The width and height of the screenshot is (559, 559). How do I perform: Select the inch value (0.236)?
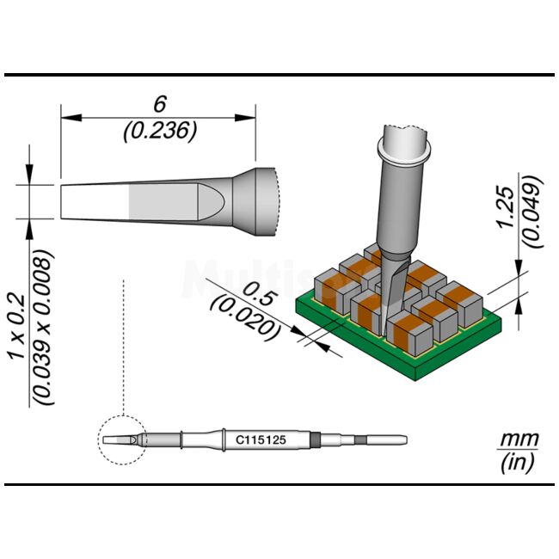coord(160,131)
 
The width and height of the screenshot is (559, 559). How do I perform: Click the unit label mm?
coord(519,439)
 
